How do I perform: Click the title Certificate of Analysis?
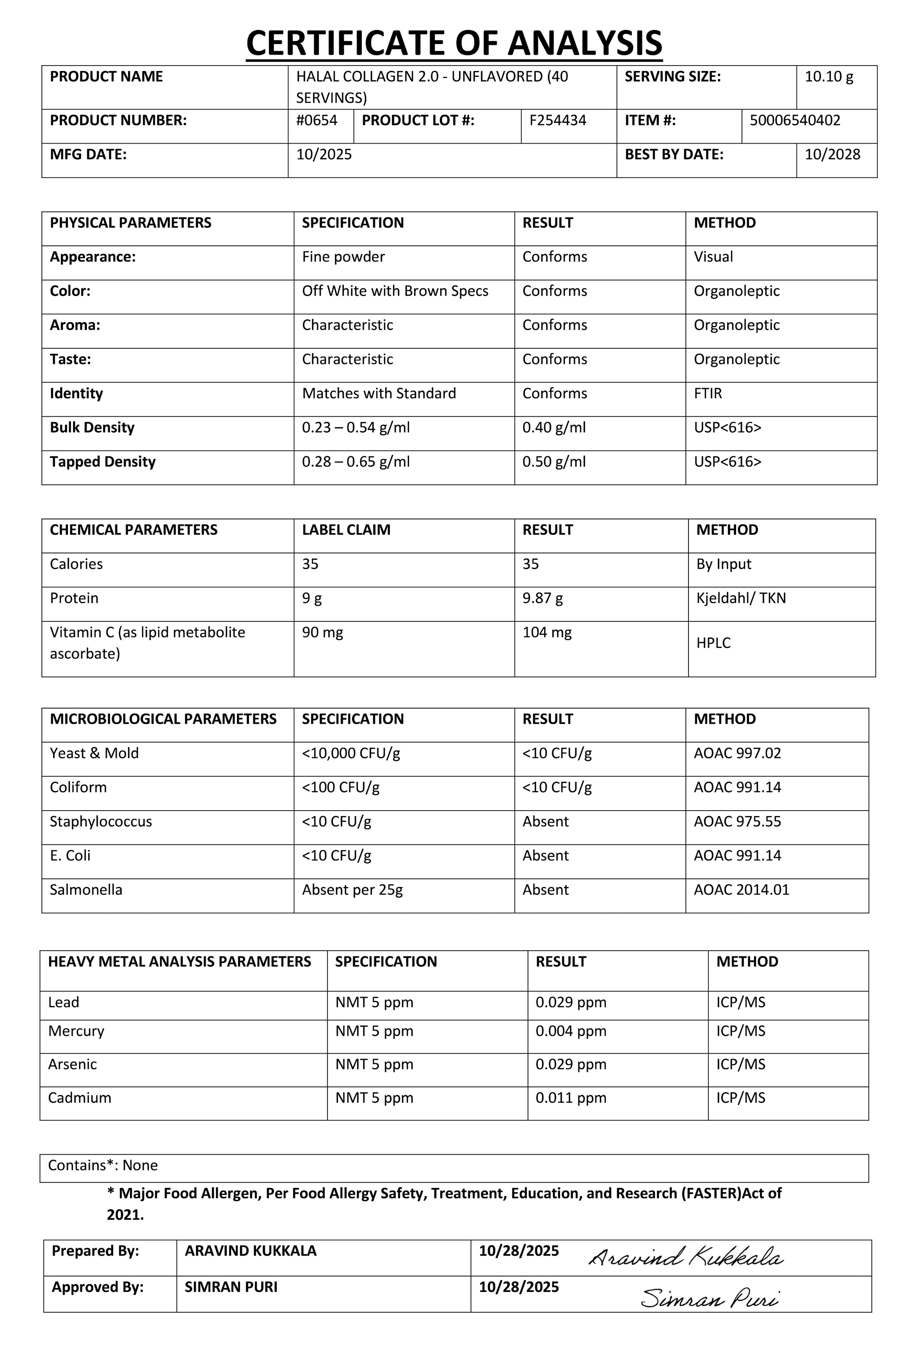coord(454,43)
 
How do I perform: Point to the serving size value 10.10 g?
coord(829,76)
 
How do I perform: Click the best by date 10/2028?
coord(832,154)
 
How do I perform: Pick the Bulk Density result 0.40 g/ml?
coord(553,428)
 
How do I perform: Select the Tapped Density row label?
coord(103,462)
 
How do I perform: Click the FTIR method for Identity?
coord(708,394)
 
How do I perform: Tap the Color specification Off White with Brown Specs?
coord(395,291)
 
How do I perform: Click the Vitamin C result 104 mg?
coord(546,633)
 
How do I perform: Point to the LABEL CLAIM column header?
coord(346,530)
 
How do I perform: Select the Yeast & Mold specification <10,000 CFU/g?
coord(351,754)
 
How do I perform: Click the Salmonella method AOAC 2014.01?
coord(741,890)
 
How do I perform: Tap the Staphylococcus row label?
coord(101,822)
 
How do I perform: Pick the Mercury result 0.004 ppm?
coord(570,1031)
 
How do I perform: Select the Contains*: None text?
coord(103,1165)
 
